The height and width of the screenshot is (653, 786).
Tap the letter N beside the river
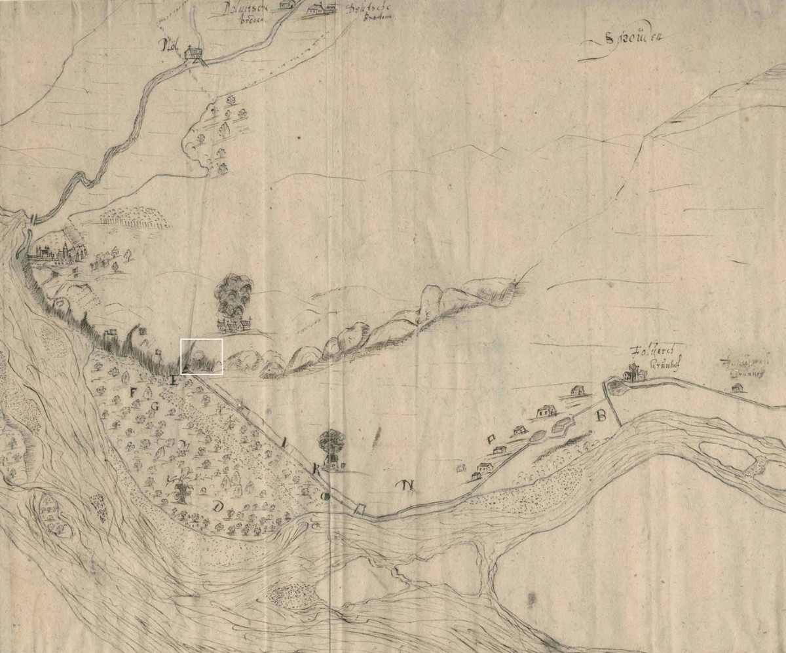pyautogui.click(x=409, y=485)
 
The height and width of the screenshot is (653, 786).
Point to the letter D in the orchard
pyautogui.click(x=218, y=506)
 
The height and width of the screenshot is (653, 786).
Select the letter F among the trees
pyautogui.click(x=135, y=392)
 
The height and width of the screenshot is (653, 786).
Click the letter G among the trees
pyautogui.click(x=155, y=407)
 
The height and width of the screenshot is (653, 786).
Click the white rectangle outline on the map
pyautogui.click(x=202, y=357)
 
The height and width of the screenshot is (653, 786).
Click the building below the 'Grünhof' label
pyautogui.click(x=632, y=375)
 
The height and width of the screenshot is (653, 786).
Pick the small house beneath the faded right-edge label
pyautogui.click(x=737, y=388)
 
